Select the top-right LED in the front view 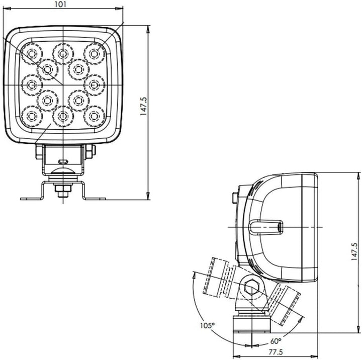94,52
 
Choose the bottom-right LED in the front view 94,116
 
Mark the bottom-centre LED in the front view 63,116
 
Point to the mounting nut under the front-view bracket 62,190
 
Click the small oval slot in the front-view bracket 62,162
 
